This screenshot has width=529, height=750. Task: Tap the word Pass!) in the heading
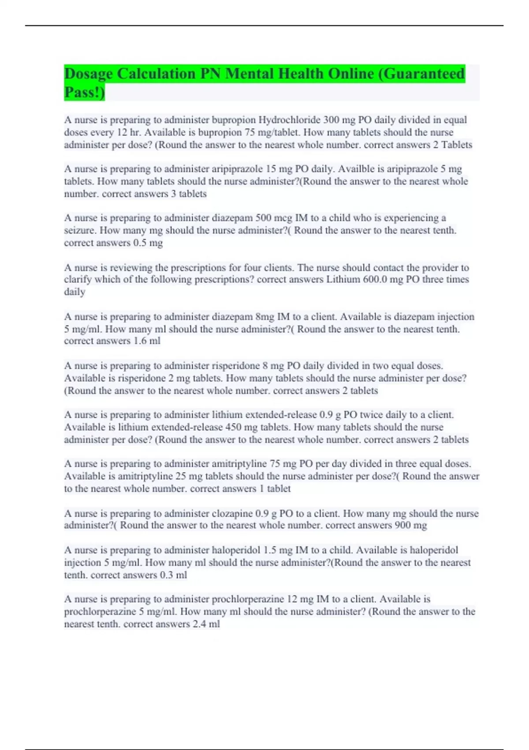point(85,93)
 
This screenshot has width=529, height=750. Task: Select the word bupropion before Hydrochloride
point(234,120)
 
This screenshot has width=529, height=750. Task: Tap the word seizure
point(81,230)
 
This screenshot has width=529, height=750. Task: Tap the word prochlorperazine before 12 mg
point(248,599)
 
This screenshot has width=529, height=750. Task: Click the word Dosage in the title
point(88,73)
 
